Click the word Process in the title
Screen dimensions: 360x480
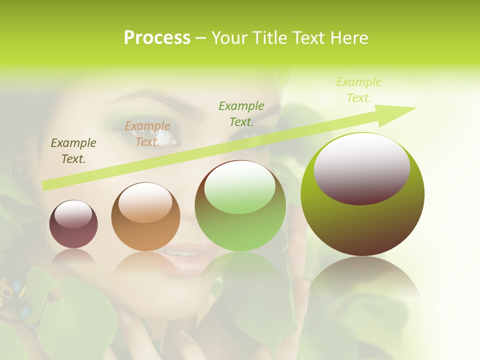[x=157, y=38]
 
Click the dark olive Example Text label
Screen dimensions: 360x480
[x=73, y=151]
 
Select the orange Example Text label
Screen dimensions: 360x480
[x=147, y=134]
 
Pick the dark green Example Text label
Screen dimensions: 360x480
[x=241, y=113]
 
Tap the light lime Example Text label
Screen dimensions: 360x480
[x=358, y=90]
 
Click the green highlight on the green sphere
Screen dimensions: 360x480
[x=239, y=187]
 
